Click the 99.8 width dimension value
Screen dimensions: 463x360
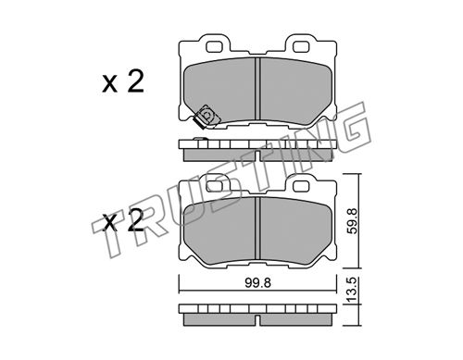click(x=258, y=283)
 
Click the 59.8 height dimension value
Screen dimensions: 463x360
click(x=352, y=221)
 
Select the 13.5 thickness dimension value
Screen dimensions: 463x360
click(x=352, y=290)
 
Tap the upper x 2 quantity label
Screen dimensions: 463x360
click(x=123, y=82)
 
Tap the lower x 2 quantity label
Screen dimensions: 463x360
click(x=123, y=221)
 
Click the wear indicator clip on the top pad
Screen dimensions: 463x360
click(x=206, y=117)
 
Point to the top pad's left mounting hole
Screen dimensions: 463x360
click(x=215, y=46)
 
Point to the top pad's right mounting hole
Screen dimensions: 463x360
click(x=301, y=46)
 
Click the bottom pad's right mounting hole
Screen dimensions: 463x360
click(x=301, y=185)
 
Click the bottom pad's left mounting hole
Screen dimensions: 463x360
click(x=215, y=185)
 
